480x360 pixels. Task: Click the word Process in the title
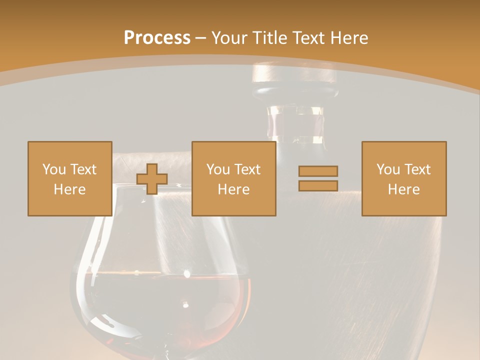coord(157,38)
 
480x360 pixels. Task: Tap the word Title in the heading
coord(269,38)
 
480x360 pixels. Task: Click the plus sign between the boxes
coord(152,179)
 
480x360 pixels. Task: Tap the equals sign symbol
coord(318,178)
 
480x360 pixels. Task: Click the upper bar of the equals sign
coord(318,171)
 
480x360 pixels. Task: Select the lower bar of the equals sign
coord(318,186)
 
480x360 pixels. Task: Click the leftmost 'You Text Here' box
coord(69,178)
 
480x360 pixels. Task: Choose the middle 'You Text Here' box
coord(233,178)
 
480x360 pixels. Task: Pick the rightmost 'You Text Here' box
coord(404,178)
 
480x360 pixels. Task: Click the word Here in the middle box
coord(233,189)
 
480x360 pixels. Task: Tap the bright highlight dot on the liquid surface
coord(187,273)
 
